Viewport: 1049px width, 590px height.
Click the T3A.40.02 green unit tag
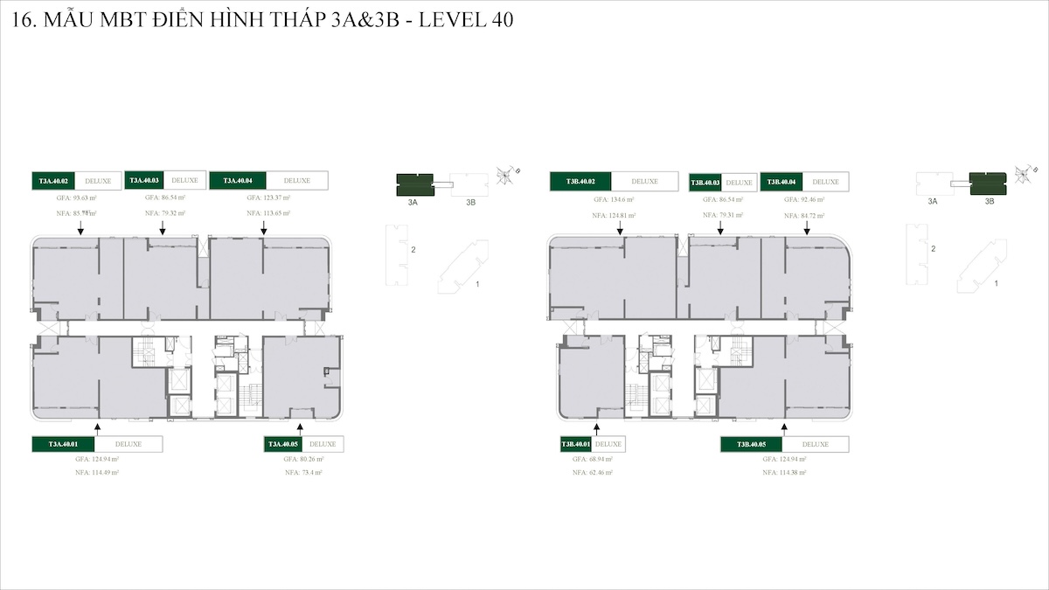tap(52, 181)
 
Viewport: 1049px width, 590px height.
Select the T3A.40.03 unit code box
tap(143, 180)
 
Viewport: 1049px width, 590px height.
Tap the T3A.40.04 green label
tap(238, 180)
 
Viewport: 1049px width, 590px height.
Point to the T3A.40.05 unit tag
tap(283, 444)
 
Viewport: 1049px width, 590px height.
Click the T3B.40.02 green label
tap(580, 181)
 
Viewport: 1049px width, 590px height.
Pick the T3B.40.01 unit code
tap(576, 444)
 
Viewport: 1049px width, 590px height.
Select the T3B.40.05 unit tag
tap(751, 444)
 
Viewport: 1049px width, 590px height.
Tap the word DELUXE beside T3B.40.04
tap(825, 182)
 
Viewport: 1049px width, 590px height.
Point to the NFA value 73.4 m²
tap(304, 472)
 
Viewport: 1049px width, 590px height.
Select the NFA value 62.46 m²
tap(593, 472)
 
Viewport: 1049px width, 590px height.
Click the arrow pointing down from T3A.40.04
tap(263, 227)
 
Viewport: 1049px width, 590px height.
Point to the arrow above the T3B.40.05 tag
tap(784, 428)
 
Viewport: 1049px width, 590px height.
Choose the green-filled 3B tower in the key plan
tap(988, 184)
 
